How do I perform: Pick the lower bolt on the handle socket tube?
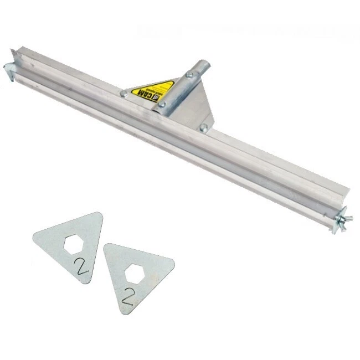click(x=162, y=104)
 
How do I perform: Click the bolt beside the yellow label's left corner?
click(x=124, y=94)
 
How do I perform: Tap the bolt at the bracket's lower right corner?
click(x=204, y=127)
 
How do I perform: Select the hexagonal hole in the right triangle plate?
click(x=134, y=273)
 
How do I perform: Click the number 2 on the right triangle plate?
click(x=128, y=296)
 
